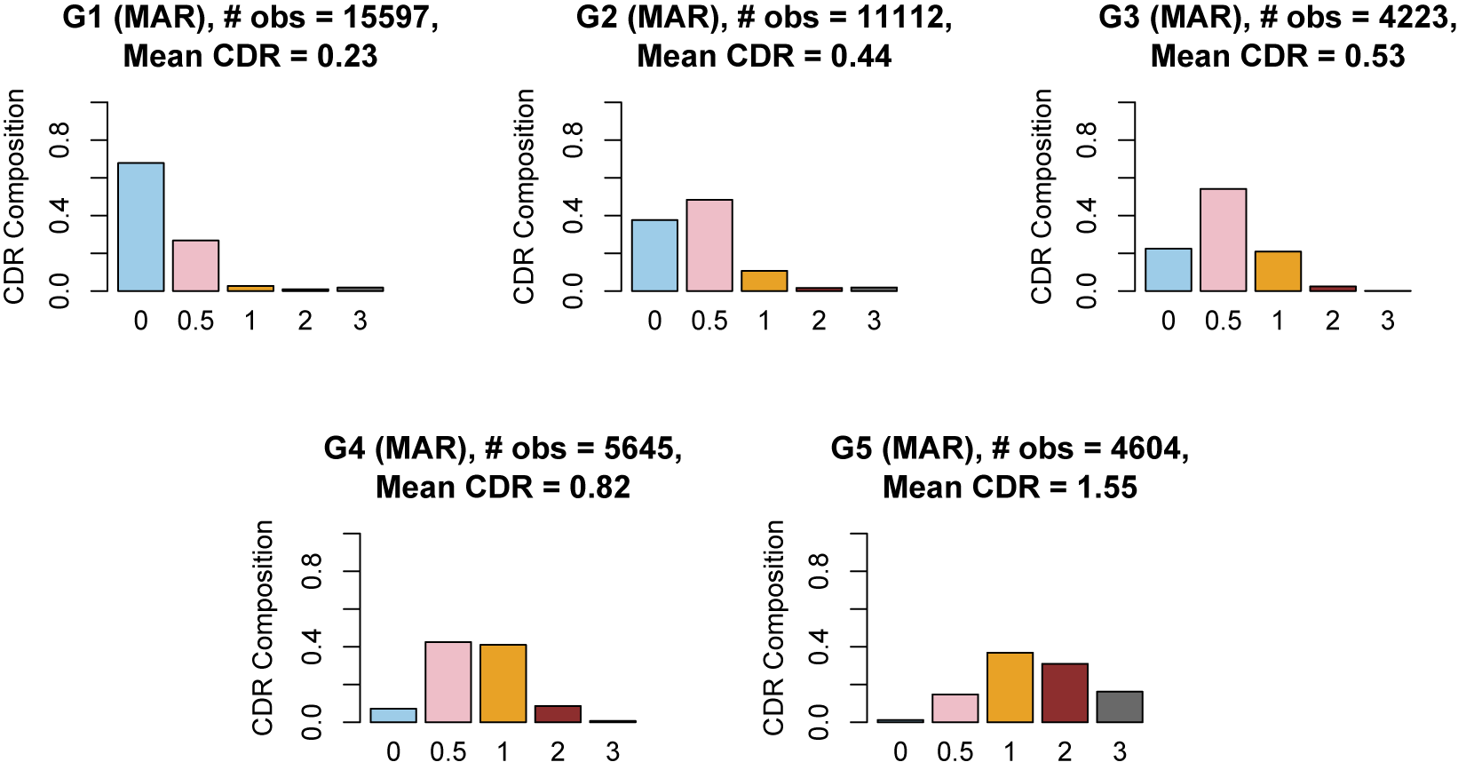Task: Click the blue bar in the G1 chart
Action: click(140, 227)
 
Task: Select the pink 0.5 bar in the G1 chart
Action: click(195, 266)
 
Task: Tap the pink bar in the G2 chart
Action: click(709, 245)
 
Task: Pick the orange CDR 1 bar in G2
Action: click(765, 281)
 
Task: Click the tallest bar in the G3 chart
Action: click(1223, 240)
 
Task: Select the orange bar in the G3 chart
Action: click(1278, 271)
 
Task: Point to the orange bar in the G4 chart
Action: click(503, 683)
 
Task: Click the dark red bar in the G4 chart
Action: click(558, 714)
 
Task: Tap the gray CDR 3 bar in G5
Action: click(1119, 707)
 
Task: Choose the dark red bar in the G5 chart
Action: click(1065, 693)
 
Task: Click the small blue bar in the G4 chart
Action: click(393, 715)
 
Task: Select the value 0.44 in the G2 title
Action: click(860, 57)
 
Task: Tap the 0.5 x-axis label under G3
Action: click(1223, 321)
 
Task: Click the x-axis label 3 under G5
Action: click(1120, 752)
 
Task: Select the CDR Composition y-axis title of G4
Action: click(263, 627)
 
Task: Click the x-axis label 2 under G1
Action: click(305, 321)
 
